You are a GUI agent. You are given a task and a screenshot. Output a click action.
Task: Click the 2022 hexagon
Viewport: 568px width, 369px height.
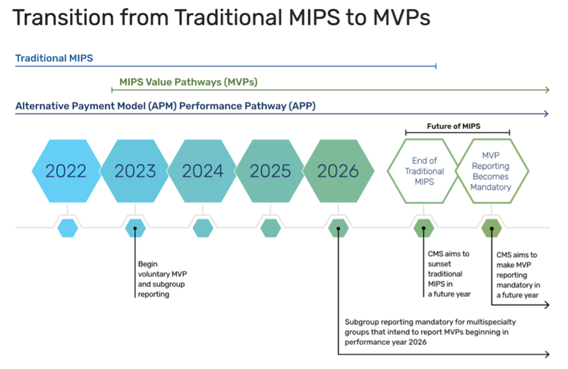point(66,171)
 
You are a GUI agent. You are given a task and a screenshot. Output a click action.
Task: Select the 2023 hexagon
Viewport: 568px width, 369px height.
point(135,171)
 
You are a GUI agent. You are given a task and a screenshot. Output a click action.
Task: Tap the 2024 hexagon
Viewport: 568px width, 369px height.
point(203,171)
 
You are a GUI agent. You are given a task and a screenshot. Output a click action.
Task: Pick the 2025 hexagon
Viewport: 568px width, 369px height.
point(270,171)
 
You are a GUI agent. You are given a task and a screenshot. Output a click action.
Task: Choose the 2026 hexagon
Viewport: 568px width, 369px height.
point(338,171)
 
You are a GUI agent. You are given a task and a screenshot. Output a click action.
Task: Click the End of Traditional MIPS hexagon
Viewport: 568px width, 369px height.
point(424,171)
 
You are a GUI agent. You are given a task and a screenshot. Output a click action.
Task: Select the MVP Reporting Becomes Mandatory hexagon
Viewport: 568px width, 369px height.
point(491,171)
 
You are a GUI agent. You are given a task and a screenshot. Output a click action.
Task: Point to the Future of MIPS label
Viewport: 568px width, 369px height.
point(457,127)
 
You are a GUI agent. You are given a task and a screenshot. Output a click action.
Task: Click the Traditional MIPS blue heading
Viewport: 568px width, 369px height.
point(54,58)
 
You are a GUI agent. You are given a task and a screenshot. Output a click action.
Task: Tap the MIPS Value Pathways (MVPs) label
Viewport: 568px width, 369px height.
point(188,82)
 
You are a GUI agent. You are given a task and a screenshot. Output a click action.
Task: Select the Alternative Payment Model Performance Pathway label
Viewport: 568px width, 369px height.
point(165,106)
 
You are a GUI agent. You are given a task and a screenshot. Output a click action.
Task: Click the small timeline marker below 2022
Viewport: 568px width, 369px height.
point(67,228)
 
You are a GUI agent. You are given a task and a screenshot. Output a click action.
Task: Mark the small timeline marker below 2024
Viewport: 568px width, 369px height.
point(203,228)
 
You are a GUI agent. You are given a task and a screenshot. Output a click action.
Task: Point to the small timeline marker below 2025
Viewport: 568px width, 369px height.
point(270,228)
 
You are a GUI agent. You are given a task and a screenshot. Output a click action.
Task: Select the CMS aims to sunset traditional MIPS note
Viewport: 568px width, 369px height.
point(449,274)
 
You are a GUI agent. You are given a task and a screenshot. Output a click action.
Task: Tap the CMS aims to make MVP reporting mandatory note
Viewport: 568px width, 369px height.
point(518,275)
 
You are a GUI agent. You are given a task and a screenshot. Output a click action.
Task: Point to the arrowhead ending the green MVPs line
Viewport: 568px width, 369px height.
point(547,90)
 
